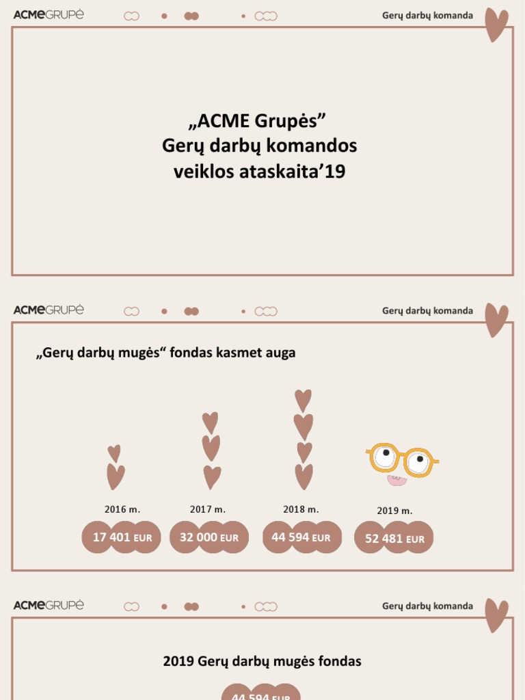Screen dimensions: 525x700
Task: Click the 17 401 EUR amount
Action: click(x=122, y=537)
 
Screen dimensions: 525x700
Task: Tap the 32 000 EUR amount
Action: click(x=208, y=537)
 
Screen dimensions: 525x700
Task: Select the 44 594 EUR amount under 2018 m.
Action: click(x=301, y=537)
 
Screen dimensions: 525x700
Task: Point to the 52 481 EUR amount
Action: click(x=394, y=539)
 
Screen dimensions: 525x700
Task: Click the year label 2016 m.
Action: click(x=122, y=509)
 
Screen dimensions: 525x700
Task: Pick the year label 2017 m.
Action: click(x=208, y=509)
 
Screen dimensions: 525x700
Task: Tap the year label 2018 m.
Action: click(x=301, y=509)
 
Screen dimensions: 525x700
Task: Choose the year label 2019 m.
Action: click(x=394, y=511)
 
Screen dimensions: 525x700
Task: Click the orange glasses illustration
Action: click(x=402, y=459)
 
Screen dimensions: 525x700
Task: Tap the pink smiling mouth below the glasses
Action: click(x=396, y=481)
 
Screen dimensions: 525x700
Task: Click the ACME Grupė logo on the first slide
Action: click(x=49, y=15)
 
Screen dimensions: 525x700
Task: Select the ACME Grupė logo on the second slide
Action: click(x=49, y=310)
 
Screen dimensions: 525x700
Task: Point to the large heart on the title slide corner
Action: click(x=496, y=25)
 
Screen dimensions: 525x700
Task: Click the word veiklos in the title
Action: click(x=204, y=172)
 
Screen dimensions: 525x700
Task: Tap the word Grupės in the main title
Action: click(x=287, y=121)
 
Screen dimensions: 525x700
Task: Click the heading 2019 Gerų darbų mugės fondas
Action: click(x=262, y=661)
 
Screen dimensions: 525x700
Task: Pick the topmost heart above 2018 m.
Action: click(x=303, y=400)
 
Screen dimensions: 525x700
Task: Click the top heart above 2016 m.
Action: click(x=114, y=453)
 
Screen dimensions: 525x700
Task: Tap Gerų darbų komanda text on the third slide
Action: click(x=427, y=606)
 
